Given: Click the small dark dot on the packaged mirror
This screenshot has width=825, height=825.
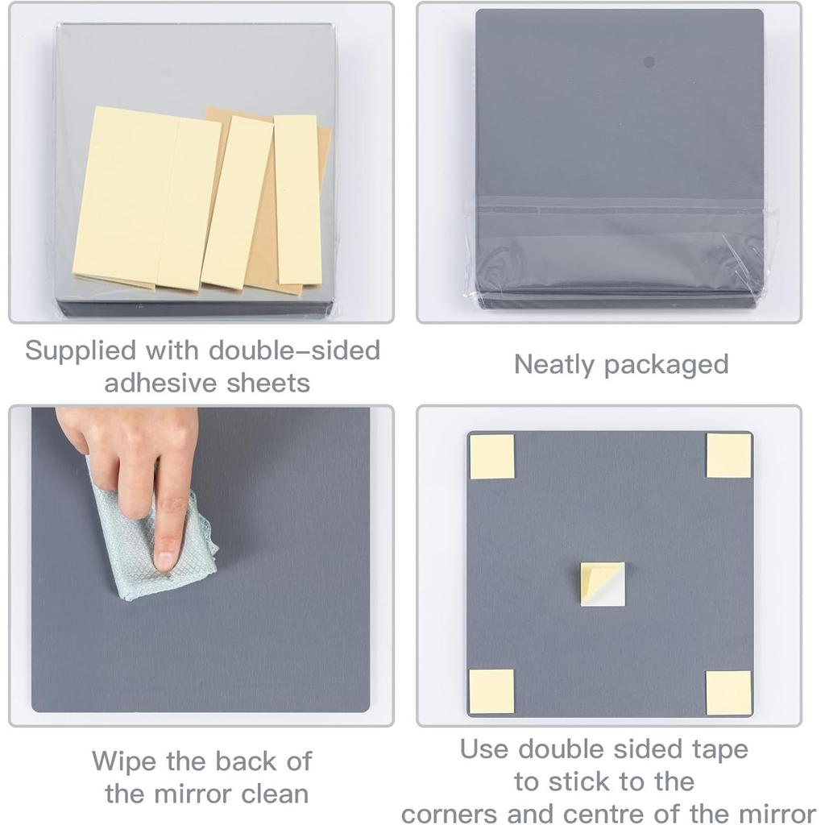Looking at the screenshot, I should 649,62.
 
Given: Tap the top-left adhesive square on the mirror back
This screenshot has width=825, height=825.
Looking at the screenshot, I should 491,457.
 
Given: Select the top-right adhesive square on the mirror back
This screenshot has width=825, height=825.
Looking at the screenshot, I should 729,455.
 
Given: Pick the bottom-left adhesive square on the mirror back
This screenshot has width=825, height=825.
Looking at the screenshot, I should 491,691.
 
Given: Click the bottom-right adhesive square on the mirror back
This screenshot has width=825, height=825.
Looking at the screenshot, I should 729,692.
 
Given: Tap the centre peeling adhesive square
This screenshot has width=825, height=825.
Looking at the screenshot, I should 603,583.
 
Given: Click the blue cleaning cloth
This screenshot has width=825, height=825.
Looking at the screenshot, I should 145,548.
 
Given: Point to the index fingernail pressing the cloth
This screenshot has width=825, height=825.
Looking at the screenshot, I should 166,558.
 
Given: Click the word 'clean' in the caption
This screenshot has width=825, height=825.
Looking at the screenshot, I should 271,794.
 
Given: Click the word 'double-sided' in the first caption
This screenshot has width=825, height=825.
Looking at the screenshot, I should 294,350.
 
